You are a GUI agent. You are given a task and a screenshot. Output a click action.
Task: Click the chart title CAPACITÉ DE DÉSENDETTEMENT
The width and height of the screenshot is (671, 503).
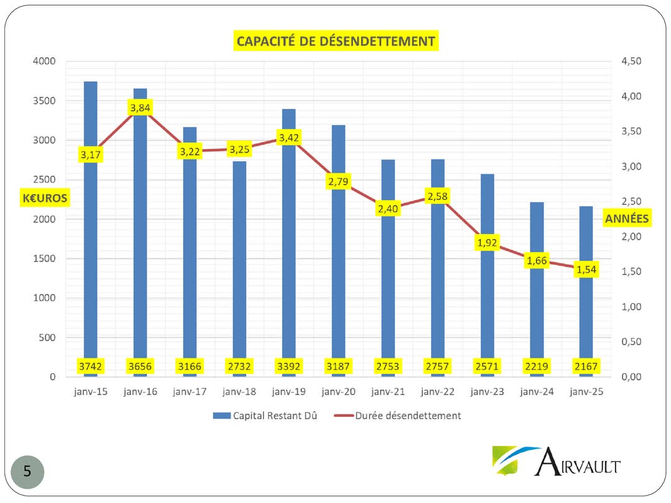[x=335, y=41]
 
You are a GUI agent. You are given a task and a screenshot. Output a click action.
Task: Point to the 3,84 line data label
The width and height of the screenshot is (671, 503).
[x=140, y=108]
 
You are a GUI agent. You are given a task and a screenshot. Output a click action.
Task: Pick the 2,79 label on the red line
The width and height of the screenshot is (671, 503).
[x=338, y=182]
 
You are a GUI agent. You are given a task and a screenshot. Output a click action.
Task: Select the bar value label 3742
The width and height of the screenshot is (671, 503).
[x=91, y=366]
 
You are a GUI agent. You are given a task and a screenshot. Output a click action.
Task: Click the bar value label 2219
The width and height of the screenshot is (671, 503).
[x=536, y=366]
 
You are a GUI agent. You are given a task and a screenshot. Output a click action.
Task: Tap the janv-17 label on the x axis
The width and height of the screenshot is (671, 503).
[x=189, y=392]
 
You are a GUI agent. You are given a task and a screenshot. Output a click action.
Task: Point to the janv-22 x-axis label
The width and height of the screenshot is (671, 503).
[x=437, y=392]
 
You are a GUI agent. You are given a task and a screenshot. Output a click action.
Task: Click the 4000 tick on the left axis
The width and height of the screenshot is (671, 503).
[x=43, y=61]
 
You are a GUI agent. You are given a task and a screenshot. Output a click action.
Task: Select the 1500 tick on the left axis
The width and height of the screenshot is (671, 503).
[x=43, y=258]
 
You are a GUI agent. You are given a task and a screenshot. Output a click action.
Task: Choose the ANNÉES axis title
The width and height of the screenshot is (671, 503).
[x=627, y=219]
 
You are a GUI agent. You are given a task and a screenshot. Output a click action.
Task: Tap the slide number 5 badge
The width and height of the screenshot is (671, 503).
[x=27, y=471]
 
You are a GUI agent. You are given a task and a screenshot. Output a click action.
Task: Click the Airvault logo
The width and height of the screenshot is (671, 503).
[x=556, y=461]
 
